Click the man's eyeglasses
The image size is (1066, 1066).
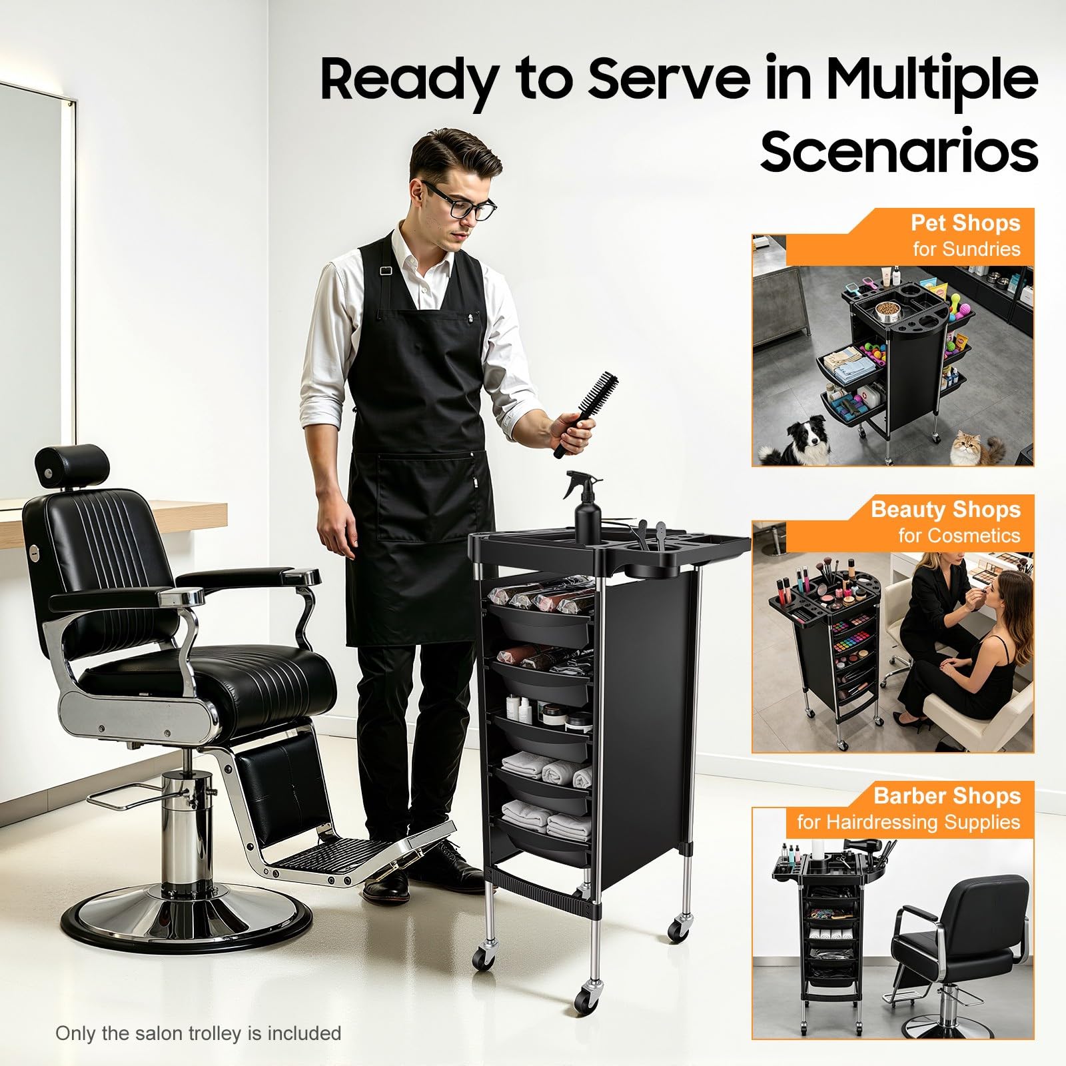click(460, 202)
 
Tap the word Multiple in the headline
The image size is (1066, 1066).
click(932, 80)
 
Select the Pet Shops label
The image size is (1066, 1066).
click(965, 223)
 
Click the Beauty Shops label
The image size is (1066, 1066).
click(945, 510)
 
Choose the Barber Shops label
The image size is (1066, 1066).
click(947, 796)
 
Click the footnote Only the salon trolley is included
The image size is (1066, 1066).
click(198, 1033)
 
